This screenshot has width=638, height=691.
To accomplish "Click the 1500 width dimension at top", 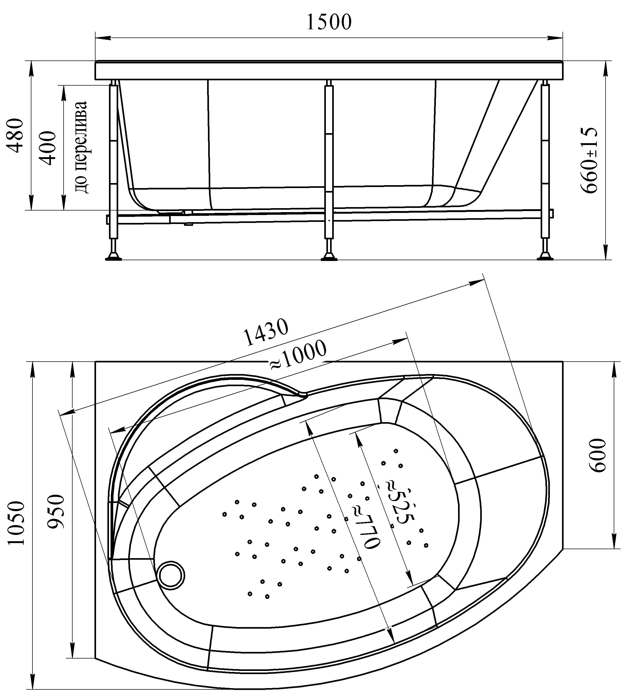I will [329, 22].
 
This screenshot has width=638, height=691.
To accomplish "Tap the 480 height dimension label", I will [16, 136].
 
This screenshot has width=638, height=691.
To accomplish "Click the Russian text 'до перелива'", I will [82, 147].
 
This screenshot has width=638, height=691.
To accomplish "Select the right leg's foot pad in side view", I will [545, 257].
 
